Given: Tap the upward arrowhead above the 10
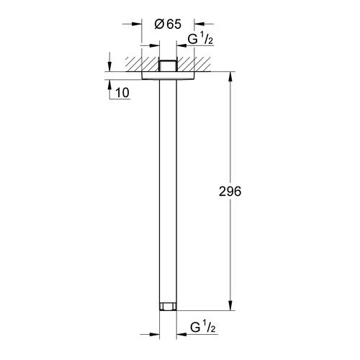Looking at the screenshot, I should tap(110, 83).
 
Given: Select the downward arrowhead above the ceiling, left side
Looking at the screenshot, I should tap(110, 66).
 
